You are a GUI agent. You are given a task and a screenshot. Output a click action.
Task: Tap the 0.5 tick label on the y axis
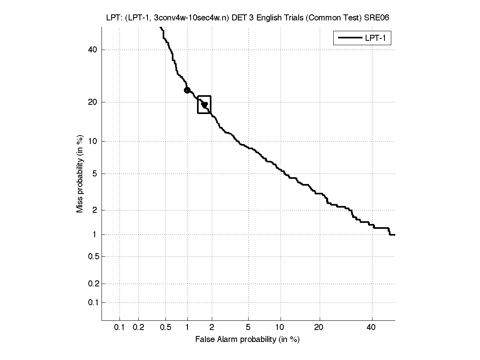92,256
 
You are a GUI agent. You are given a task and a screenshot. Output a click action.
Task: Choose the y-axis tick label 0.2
92,284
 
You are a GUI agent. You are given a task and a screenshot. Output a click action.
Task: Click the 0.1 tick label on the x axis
120,328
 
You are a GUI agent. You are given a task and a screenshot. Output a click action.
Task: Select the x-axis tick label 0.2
138,328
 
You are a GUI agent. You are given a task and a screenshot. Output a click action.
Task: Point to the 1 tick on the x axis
187,328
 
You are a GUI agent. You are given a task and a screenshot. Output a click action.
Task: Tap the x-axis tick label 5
248,328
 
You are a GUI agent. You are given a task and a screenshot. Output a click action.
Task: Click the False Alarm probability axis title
247,340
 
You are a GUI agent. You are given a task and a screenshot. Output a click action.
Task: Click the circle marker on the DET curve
187,90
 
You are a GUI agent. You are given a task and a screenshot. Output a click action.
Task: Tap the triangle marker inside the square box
205,105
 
